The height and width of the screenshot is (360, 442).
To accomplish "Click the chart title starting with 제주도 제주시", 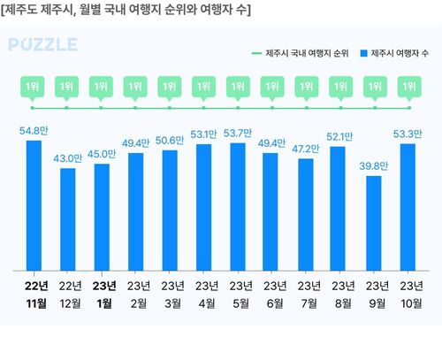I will pyautogui.click(x=127, y=11).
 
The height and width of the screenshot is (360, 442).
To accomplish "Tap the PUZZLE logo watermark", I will pyautogui.click(x=43, y=45).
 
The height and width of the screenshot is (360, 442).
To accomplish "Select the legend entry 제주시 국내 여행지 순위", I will pyautogui.click(x=305, y=53).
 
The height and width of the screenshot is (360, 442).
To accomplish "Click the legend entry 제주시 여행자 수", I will pyautogui.click(x=399, y=53).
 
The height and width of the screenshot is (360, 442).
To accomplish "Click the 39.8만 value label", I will pyautogui.click(x=375, y=165).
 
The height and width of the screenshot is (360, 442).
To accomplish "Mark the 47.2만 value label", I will pyautogui.click(x=307, y=149).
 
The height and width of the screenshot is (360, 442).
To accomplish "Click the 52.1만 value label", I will pyautogui.click(x=341, y=137).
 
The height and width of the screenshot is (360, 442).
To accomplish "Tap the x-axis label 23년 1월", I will pyautogui.click(x=102, y=294).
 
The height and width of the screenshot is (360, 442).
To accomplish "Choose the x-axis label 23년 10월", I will pyautogui.click(x=409, y=294).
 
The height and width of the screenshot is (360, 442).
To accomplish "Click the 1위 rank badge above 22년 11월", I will pyautogui.click(x=34, y=87).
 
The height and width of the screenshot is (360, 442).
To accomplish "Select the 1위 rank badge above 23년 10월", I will pyautogui.click(x=409, y=87).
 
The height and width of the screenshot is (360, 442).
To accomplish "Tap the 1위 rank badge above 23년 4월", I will pyautogui.click(x=204, y=87).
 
